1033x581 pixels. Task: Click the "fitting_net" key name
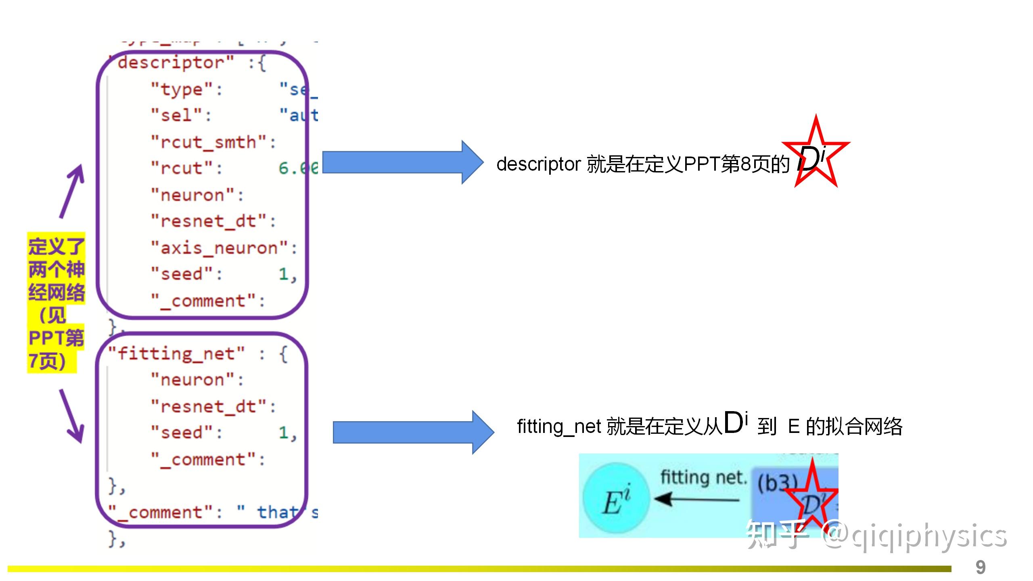[177, 354]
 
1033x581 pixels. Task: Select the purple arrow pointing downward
[72, 416]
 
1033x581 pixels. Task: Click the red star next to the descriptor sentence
[816, 155]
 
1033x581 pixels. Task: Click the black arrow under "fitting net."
[696, 499]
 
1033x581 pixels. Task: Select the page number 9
[981, 567]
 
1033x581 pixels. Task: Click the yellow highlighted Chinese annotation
[56, 303]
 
